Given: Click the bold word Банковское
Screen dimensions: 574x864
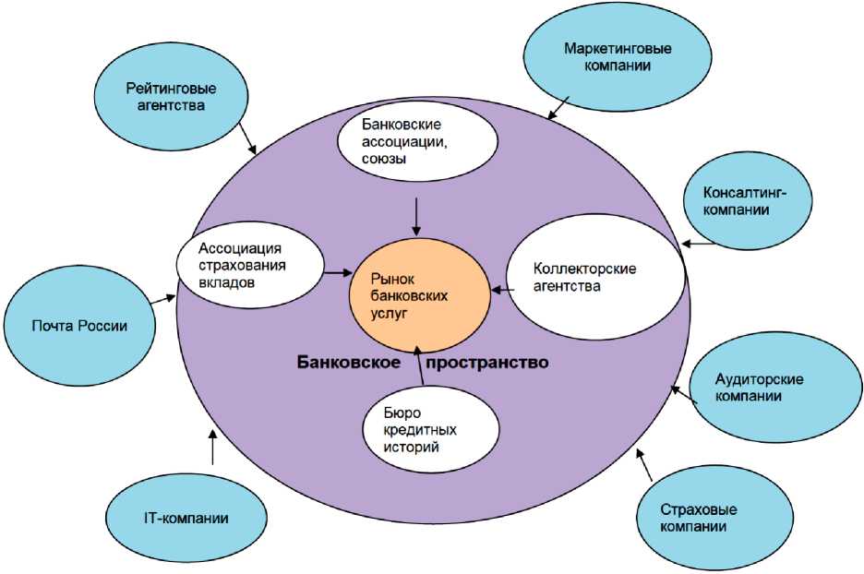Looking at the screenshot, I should [348, 363].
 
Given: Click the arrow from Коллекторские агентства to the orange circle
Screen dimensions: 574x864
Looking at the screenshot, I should [502, 291].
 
